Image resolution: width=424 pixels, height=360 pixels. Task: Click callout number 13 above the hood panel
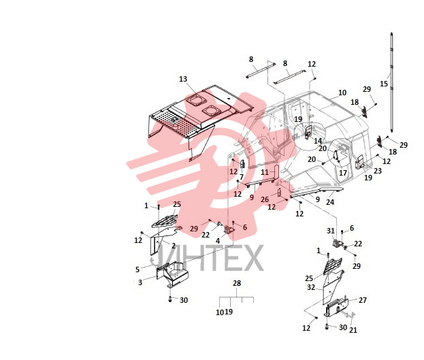pos(183,79)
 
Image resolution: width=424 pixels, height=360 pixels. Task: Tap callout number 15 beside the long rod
pos(384,84)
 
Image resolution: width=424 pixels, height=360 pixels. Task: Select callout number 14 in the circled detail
pos(318,141)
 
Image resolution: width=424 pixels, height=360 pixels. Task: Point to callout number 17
pos(343,173)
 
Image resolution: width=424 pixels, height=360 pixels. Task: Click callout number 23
pos(378,171)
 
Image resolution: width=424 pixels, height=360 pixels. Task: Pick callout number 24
pos(330,202)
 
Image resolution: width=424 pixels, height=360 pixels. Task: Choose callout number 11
pos(265,172)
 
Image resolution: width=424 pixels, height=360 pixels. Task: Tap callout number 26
pos(265,199)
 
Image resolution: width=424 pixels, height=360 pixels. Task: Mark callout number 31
pos(331,231)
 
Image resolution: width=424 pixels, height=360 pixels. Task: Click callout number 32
pos(311,287)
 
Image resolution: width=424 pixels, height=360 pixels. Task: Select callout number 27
pos(363,300)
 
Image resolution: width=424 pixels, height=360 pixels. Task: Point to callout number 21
pos(353,329)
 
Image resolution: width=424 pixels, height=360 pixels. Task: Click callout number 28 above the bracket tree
pos(237,283)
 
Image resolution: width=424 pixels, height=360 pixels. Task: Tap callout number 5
pos(137,269)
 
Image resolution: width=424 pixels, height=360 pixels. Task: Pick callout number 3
pos(140,282)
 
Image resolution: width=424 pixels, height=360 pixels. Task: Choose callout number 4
pos(218,241)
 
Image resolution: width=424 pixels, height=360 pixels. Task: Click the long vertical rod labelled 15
pos(391,82)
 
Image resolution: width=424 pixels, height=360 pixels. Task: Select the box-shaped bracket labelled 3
pos(173,274)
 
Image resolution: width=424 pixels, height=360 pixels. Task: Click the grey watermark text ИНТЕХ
pos(211,258)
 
